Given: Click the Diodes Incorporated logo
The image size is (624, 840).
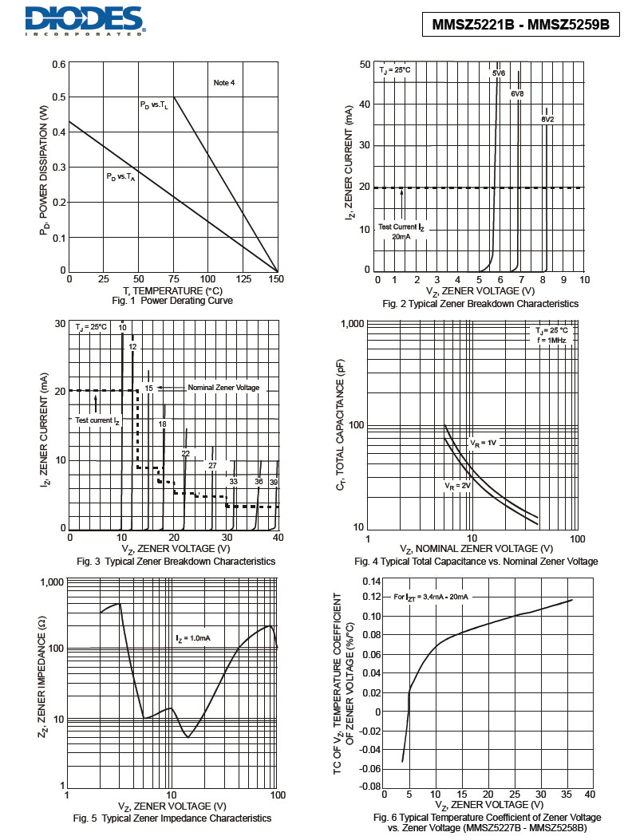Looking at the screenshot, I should (x=84, y=21).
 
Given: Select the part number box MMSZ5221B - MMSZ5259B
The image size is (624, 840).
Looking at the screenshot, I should (x=520, y=25).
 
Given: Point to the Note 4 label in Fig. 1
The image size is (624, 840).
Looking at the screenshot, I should (x=224, y=83).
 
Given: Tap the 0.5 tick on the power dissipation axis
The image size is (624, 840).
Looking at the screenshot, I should (x=59, y=97).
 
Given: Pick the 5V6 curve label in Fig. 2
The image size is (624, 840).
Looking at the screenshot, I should (x=499, y=73).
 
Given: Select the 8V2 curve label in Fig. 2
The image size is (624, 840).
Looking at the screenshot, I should (x=547, y=119).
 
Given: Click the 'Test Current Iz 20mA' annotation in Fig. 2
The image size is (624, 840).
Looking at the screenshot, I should (x=401, y=231).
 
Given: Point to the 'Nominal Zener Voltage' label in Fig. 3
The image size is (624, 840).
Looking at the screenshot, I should (x=223, y=388).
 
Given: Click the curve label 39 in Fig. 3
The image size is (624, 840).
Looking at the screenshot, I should (x=273, y=482).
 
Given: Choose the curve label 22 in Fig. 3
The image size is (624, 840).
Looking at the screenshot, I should (x=186, y=453).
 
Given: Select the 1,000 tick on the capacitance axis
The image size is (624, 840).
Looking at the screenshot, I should (x=351, y=324).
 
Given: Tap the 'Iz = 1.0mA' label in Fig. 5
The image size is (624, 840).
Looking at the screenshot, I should (x=193, y=638).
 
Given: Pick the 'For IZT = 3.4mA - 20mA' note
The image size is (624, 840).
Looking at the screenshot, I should (x=431, y=597).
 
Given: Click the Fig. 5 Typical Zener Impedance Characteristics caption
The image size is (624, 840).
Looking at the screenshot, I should (x=172, y=818).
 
